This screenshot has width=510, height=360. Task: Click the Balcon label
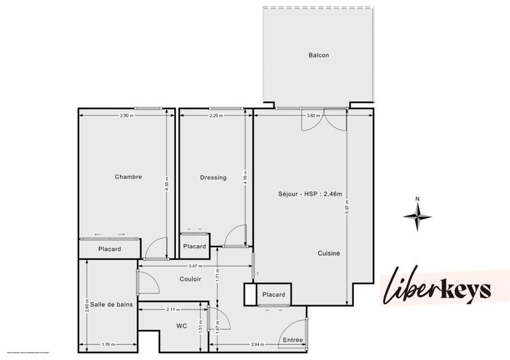click(318, 55)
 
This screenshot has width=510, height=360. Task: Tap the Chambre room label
click(128, 177)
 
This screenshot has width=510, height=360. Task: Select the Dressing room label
click(213, 178)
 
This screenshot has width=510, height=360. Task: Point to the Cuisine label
click(329, 253)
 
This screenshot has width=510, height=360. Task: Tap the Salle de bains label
click(111, 305)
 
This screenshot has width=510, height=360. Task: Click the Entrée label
click(293, 340)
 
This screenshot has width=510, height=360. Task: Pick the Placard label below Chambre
click(110, 249)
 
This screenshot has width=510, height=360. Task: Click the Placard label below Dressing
click(194, 247)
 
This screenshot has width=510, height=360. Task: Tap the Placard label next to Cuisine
click(273, 295)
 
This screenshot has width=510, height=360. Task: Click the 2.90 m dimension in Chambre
click(127, 115)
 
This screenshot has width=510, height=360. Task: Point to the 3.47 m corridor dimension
click(195, 266)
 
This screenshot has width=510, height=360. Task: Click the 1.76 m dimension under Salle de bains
click(108, 345)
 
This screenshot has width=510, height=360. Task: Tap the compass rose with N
click(418, 214)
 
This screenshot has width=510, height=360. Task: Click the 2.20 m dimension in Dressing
click(216, 115)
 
